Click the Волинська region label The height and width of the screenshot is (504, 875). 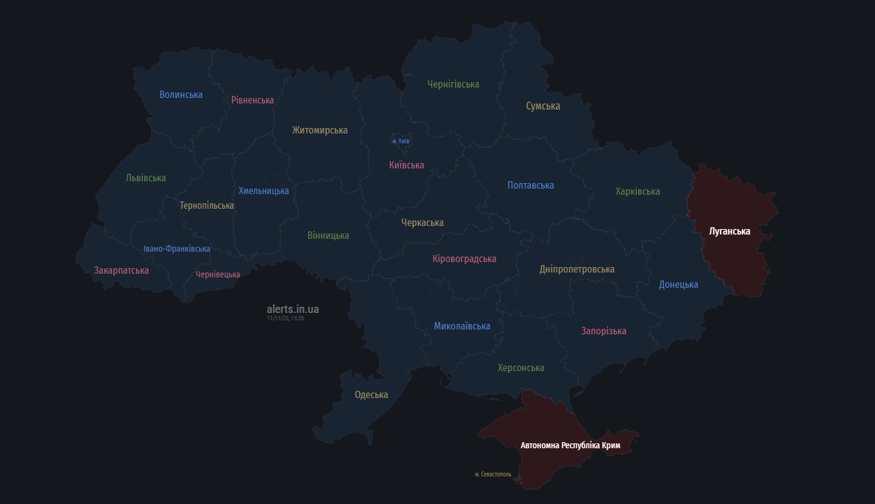point(181,94)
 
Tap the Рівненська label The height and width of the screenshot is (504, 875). point(252,100)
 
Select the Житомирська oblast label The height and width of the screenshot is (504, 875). point(319,130)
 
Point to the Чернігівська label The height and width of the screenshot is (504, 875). point(453,84)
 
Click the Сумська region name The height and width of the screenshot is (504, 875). point(543,106)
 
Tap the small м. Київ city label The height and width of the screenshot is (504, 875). point(401,141)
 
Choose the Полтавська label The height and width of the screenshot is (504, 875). point(531,185)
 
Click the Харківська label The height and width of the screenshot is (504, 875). point(638,191)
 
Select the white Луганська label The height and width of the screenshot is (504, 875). point(729,231)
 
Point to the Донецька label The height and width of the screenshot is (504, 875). point(678,284)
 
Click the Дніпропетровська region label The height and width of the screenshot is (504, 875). point(577,269)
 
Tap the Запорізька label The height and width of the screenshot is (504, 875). point(603,331)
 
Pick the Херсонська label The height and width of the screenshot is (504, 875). point(521,367)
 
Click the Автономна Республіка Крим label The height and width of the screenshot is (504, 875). point(570,445)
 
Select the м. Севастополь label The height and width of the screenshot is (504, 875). point(493,474)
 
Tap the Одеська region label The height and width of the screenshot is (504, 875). point(371,394)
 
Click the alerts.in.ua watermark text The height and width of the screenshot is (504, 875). point(292,309)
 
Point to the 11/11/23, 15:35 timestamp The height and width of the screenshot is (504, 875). point(285,318)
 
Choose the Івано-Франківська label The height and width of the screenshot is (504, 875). point(177,249)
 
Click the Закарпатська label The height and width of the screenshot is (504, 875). point(121,270)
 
